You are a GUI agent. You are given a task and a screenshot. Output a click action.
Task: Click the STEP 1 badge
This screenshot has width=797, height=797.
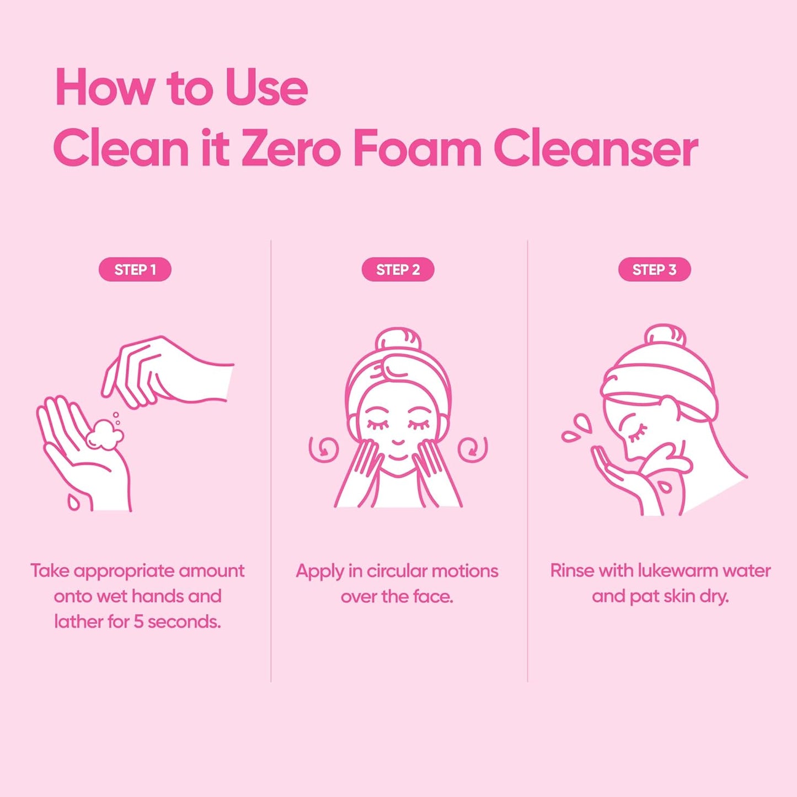click(135, 270)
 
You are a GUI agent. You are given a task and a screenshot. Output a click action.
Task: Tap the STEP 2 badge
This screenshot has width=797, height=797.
click(398, 270)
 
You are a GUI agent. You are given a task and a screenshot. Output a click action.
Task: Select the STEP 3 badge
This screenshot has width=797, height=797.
click(654, 270)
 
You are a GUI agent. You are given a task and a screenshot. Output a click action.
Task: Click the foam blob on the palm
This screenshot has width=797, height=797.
click(104, 435)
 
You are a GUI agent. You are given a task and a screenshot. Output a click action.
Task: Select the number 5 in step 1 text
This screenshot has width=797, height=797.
click(138, 622)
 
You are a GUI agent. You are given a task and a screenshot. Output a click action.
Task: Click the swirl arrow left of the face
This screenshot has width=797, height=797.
click(323, 449)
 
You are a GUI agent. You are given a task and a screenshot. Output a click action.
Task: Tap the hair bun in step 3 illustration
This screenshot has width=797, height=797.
click(665, 335)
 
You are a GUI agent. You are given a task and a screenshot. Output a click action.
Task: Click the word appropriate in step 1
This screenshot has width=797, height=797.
click(124, 571)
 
